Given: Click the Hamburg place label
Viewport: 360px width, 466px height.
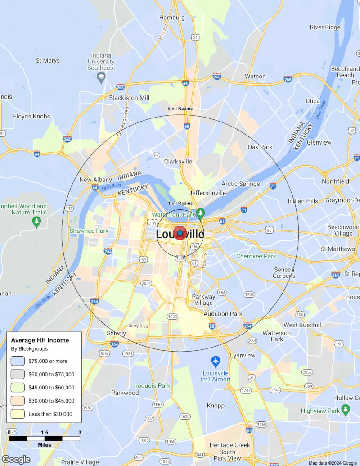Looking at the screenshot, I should [x=172, y=18].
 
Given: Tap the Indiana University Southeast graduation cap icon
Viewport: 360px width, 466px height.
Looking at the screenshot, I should [x=101, y=77].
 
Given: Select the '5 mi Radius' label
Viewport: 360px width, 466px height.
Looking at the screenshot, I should [x=180, y=109].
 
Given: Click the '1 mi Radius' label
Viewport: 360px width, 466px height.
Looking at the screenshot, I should [x=180, y=204].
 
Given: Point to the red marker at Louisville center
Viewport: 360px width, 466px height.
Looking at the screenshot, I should [x=180, y=233].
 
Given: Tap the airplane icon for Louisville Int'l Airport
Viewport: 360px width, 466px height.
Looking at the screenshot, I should [x=216, y=361].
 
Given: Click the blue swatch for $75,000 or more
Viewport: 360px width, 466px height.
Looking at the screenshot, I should [x=18, y=361].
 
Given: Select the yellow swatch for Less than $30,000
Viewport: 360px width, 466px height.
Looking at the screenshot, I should [x=18, y=414].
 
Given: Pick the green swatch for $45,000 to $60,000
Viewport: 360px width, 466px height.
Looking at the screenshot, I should [x=18, y=387].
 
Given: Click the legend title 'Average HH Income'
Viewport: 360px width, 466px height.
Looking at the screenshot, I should [x=40, y=340].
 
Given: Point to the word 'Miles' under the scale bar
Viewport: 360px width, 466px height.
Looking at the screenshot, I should [x=44, y=445].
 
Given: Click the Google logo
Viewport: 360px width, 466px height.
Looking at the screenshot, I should [x=16, y=459].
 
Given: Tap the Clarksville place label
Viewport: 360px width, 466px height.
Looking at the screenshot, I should [x=178, y=161].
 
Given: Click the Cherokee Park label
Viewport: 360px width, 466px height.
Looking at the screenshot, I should [x=256, y=256].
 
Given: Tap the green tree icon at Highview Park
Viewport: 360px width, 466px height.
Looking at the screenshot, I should [x=346, y=409].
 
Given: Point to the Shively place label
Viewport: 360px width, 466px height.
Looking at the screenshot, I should [x=116, y=333].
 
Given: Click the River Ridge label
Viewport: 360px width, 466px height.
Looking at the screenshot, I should [x=325, y=27].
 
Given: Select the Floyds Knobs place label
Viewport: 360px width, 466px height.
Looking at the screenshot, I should [x=31, y=116].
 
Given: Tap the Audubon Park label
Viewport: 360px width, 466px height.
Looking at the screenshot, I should [x=223, y=314].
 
